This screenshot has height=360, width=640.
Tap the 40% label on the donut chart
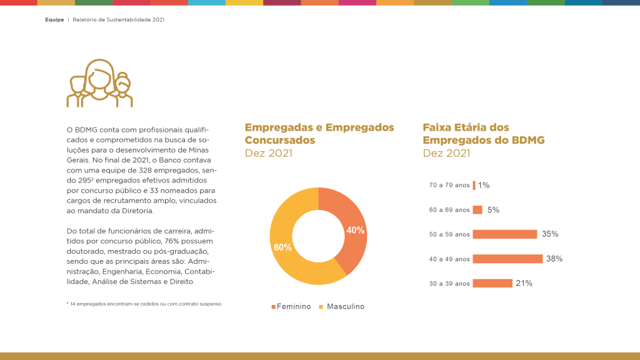356,230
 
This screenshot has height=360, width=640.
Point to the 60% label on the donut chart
282,247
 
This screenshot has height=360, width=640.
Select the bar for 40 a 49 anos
507,259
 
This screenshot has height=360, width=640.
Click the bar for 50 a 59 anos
504,234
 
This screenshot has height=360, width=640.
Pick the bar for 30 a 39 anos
492,283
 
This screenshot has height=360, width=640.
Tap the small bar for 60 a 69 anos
477,210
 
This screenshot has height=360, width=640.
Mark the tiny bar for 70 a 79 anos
474,186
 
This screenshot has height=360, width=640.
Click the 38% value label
554,259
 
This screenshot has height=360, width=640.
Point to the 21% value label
524,283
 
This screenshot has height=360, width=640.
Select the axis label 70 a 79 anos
449,186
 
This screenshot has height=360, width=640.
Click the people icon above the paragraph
99,84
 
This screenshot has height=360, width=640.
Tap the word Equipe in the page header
54,20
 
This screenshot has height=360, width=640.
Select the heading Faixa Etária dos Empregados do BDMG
483,134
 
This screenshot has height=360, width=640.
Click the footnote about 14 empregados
145,304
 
